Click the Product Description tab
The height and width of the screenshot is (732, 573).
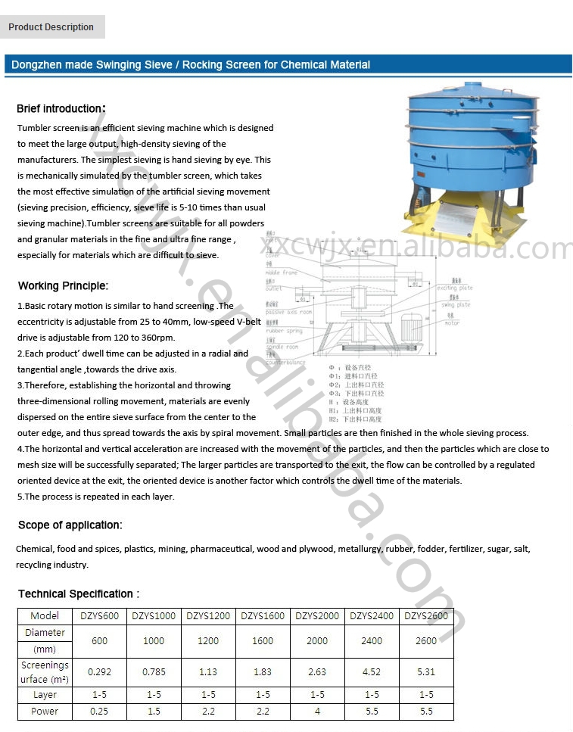[51, 27]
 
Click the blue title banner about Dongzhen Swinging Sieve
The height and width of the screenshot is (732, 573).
[191, 65]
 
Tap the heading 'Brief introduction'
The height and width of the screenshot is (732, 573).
[61, 109]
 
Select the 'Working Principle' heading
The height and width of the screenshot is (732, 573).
[63, 286]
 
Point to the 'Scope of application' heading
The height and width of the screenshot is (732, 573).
[70, 525]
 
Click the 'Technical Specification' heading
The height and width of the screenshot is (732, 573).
[78, 594]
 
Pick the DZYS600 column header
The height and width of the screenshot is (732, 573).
[99, 616]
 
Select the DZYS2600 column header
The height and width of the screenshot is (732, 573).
[426, 616]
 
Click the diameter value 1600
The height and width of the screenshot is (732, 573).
[263, 640]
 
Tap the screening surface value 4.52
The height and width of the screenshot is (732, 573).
[372, 671]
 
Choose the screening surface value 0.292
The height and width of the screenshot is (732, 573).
[99, 671]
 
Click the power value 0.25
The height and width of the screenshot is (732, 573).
[99, 712]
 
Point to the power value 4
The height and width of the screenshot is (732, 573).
[317, 712]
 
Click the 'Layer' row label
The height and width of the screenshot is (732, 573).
[45, 695]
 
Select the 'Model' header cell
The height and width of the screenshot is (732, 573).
[45, 616]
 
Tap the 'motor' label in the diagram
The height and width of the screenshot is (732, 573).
[452, 323]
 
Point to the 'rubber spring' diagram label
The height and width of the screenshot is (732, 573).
[284, 331]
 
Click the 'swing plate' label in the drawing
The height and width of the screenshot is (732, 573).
[456, 305]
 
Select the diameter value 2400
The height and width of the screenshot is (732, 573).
[372, 640]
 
